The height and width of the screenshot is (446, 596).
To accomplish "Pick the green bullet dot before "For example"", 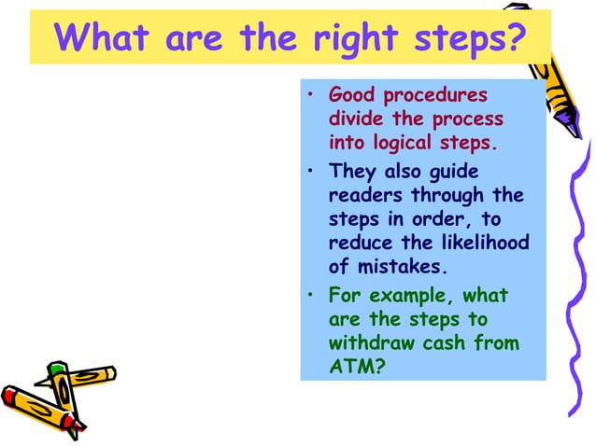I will (310, 296).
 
